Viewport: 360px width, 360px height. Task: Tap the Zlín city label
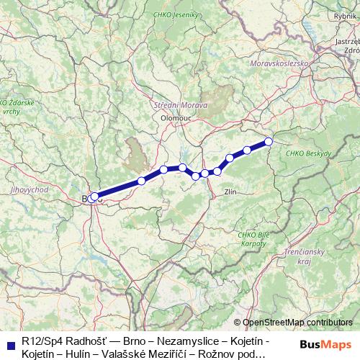tap(231, 192)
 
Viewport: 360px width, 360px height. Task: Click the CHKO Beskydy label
tap(308, 153)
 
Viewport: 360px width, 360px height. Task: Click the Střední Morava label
tap(181, 105)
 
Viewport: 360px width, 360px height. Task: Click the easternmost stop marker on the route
tap(269, 141)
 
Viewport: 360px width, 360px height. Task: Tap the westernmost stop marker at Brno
tap(92, 197)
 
